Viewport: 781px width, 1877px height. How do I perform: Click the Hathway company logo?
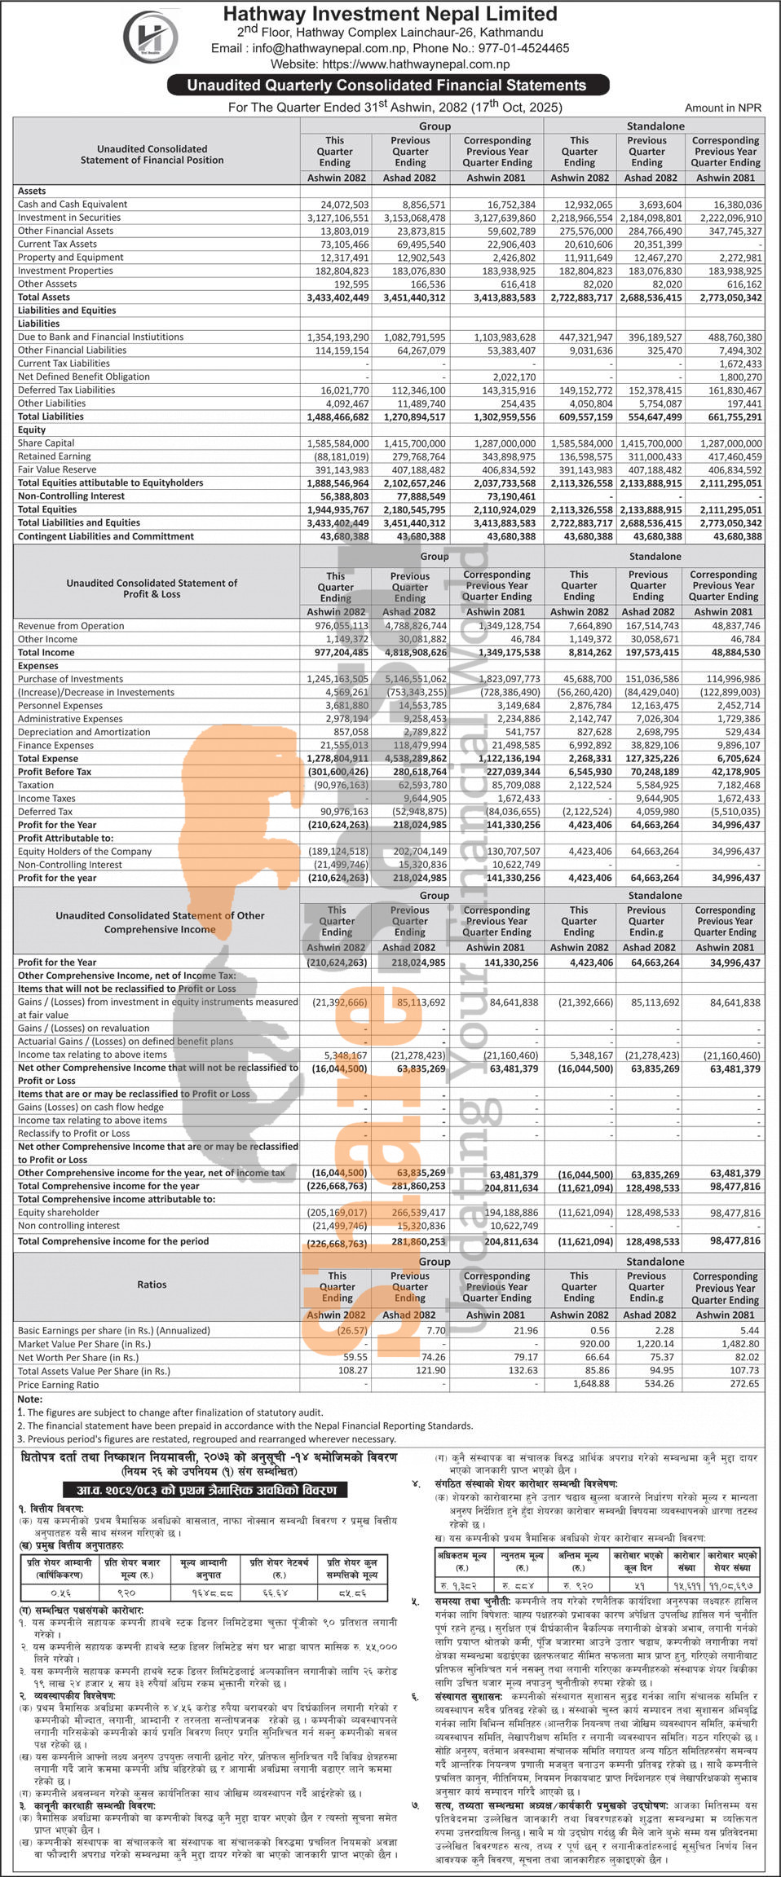pyautogui.click(x=150, y=37)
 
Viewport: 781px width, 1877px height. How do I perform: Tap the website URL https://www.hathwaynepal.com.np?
pyautogui.click(x=416, y=64)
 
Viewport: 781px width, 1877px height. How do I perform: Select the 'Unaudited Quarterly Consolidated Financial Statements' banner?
pyautogui.click(x=387, y=85)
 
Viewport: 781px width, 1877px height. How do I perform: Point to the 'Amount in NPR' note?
pyautogui.click(x=723, y=108)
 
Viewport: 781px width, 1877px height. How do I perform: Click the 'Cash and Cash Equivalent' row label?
pyautogui.click(x=73, y=205)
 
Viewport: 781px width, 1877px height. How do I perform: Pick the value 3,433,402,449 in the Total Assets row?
pyautogui.click(x=338, y=297)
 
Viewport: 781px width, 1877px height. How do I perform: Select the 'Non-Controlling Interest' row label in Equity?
pyautogui.click(x=71, y=496)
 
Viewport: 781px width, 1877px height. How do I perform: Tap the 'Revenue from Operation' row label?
pyautogui.click(x=71, y=626)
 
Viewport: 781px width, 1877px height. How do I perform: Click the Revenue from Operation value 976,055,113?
pyautogui.click(x=338, y=626)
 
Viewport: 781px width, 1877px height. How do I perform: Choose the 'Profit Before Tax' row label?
pyautogui.click(x=55, y=772)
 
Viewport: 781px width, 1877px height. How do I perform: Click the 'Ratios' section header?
pyautogui.click(x=152, y=1284)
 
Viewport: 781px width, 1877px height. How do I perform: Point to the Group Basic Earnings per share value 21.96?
pyautogui.click(x=525, y=1330)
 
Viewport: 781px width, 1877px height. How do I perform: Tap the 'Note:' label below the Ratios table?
pyautogui.click(x=29, y=1399)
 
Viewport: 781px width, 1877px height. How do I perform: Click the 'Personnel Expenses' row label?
pyautogui.click(x=60, y=706)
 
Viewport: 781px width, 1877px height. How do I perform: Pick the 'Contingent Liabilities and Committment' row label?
pyautogui.click(x=106, y=536)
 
